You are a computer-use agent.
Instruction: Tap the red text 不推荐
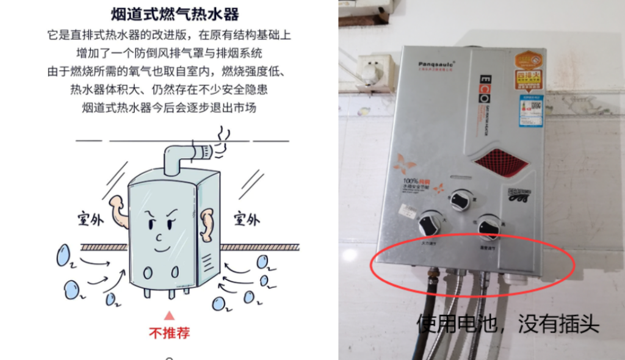point(170,333)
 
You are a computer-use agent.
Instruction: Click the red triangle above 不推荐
point(170,315)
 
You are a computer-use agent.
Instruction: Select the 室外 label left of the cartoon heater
point(90,219)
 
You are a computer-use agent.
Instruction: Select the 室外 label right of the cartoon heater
point(247,219)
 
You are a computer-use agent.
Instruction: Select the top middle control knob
point(461,199)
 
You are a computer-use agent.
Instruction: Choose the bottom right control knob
point(489,227)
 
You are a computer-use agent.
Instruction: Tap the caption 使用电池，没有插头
point(508,323)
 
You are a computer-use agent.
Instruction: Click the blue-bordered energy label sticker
point(531,110)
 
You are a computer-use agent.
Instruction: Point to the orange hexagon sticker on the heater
point(529,61)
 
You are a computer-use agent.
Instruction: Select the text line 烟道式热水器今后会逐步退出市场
point(168,108)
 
